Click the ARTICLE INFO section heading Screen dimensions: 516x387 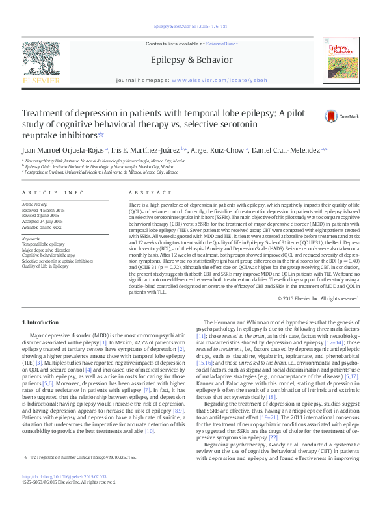(x=53, y=193)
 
